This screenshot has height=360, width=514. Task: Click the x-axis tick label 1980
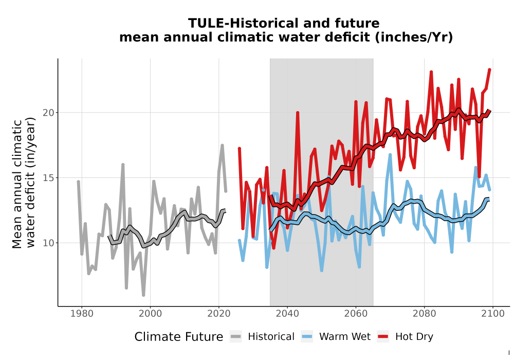coord(82,314)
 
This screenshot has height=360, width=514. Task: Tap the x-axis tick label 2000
coord(150,314)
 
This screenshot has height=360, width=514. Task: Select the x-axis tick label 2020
coord(218,314)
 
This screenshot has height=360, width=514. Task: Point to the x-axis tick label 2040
coord(287,314)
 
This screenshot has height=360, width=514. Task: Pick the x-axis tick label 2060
coord(356,314)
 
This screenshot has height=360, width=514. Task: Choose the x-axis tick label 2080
coord(424,314)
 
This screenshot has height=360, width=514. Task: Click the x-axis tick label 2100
coord(493,314)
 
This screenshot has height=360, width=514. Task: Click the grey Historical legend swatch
coord(236,337)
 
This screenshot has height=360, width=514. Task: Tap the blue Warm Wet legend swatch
coord(307,337)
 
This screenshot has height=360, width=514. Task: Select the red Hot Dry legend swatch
coord(383,337)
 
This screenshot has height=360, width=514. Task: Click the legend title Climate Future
coord(179,337)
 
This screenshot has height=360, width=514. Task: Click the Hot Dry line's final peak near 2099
coord(489,69)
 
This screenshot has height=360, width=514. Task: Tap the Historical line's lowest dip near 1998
coord(143,295)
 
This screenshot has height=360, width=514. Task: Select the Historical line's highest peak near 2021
coord(222,145)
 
